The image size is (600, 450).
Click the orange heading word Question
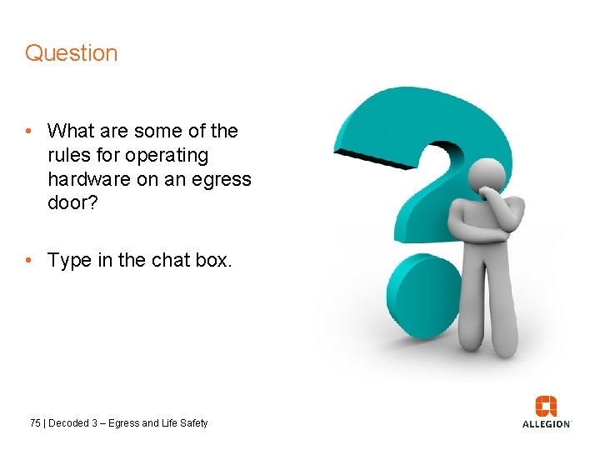(71, 53)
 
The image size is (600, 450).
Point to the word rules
(69, 155)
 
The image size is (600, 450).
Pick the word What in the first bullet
(72, 131)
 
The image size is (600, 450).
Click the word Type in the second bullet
(69, 260)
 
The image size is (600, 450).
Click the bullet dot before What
(29, 132)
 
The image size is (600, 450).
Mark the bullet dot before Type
(29, 261)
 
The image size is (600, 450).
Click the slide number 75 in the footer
(35, 423)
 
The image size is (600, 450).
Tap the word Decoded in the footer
(68, 423)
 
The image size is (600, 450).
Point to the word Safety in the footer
(192, 423)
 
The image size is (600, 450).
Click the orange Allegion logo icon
(547, 406)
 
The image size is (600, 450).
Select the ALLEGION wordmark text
(547, 424)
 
